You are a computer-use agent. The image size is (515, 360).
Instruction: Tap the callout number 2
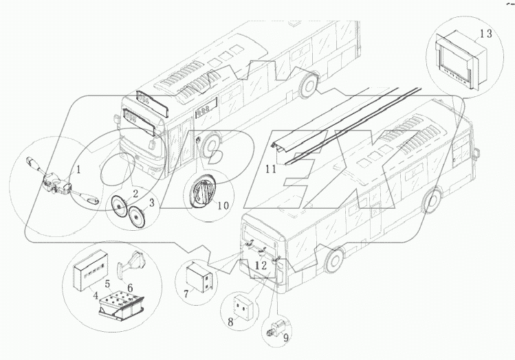(x=135, y=193)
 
